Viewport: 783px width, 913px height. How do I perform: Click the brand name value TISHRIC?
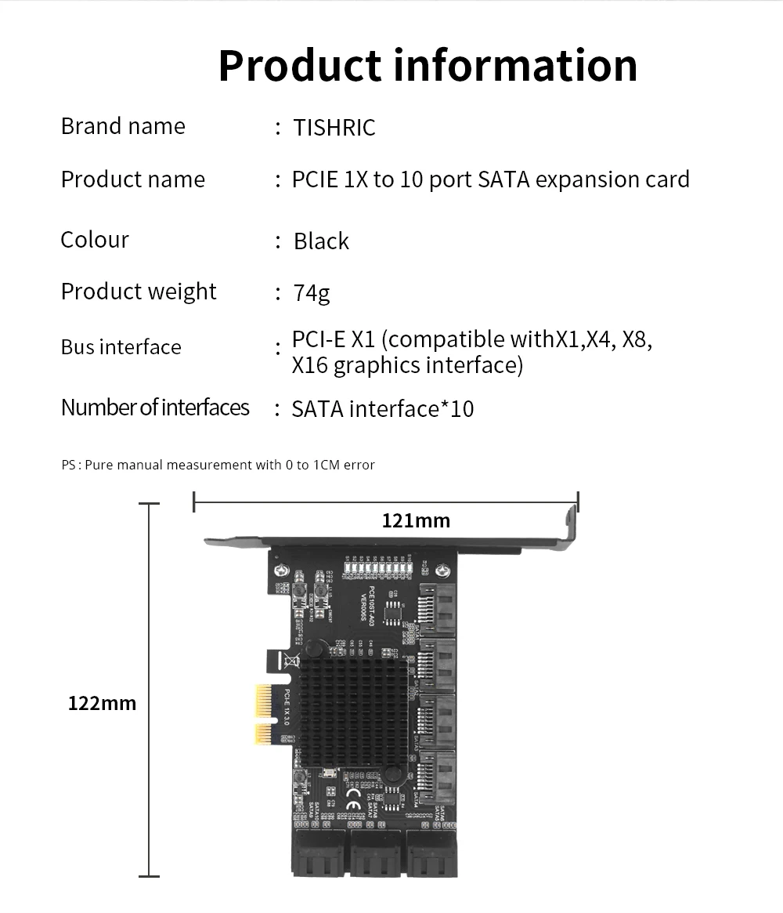334,127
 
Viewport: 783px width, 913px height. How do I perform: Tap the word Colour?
95,240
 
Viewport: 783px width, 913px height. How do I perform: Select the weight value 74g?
312,293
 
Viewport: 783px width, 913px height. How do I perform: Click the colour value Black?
321,241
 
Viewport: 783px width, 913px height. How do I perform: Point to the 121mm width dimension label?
416,520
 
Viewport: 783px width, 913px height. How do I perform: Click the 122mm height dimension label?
102,703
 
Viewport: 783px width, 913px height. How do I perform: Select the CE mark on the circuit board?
352,804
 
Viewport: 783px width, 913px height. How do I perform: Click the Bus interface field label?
121,347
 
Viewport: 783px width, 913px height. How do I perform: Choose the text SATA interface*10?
382,409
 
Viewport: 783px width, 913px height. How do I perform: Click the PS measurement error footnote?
218,465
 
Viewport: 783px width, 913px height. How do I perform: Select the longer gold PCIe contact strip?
263,698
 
